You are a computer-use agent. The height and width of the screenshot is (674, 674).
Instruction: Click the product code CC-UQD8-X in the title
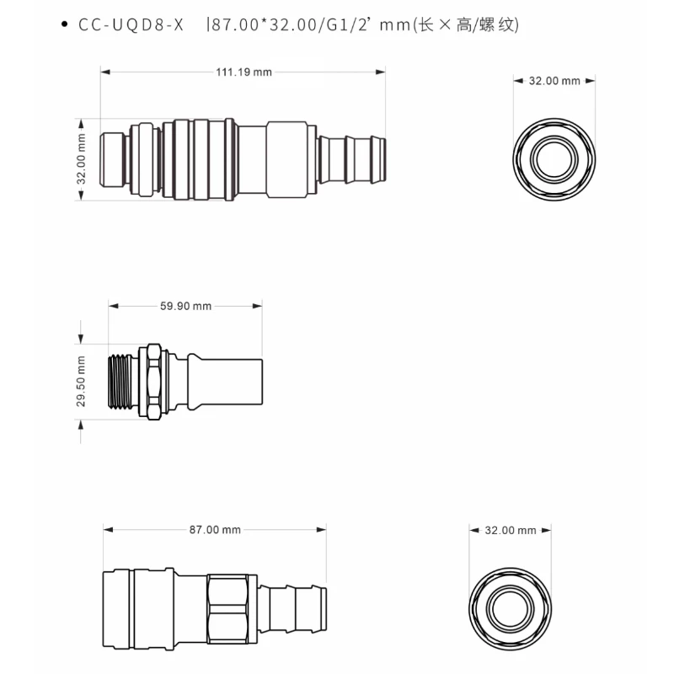[131, 25]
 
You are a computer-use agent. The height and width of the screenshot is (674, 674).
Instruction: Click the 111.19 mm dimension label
[243, 72]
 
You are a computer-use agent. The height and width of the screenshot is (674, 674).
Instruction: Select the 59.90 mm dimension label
[185, 307]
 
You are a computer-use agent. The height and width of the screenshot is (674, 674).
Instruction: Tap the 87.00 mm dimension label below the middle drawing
[215, 530]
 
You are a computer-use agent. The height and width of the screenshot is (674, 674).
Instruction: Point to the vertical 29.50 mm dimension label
[82, 381]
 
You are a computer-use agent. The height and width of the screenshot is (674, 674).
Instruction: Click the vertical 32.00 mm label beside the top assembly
[82, 159]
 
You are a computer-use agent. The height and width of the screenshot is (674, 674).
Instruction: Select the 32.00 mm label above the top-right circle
[554, 81]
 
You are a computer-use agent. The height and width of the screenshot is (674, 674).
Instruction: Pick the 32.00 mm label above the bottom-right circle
[511, 530]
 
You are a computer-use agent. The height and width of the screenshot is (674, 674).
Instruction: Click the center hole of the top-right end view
[554, 158]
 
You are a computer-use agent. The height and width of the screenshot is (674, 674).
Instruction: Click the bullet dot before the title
[64, 26]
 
